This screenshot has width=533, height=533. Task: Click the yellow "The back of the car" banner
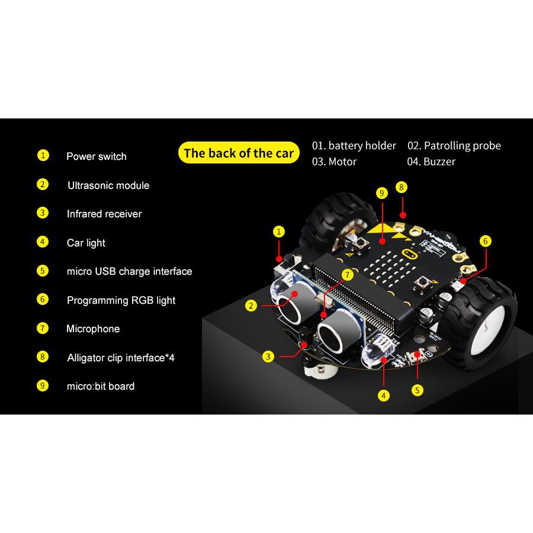pos(239,153)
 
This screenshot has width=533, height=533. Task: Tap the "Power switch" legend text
pos(97,156)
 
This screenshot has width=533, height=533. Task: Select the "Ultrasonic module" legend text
pos(108,185)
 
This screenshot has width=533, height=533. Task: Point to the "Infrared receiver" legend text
pos(104,214)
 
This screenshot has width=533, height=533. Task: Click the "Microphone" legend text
pos(93,329)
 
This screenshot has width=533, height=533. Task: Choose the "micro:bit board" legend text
pos(101,386)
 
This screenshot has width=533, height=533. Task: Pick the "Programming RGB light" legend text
pos(121,300)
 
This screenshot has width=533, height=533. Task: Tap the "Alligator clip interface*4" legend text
pos(121,358)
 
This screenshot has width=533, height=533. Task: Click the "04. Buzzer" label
pos(431,162)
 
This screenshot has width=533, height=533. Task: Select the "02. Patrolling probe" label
pos(454,146)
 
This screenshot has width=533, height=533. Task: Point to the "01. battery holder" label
pos(354,146)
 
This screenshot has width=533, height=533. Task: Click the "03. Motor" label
pos(334,162)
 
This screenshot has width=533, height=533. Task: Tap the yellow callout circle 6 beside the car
pos(486,241)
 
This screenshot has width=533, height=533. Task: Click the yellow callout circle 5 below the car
pos(418,390)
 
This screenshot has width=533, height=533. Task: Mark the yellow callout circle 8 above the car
pos(402,187)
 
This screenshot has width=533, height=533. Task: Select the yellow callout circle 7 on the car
pos(348,275)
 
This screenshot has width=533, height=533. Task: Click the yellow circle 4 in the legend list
pos(43,242)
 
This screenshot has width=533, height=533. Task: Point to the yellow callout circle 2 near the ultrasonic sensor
pos(251,306)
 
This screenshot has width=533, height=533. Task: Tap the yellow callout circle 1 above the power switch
pos(279,232)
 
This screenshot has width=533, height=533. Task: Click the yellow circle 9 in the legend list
pos(43,386)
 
